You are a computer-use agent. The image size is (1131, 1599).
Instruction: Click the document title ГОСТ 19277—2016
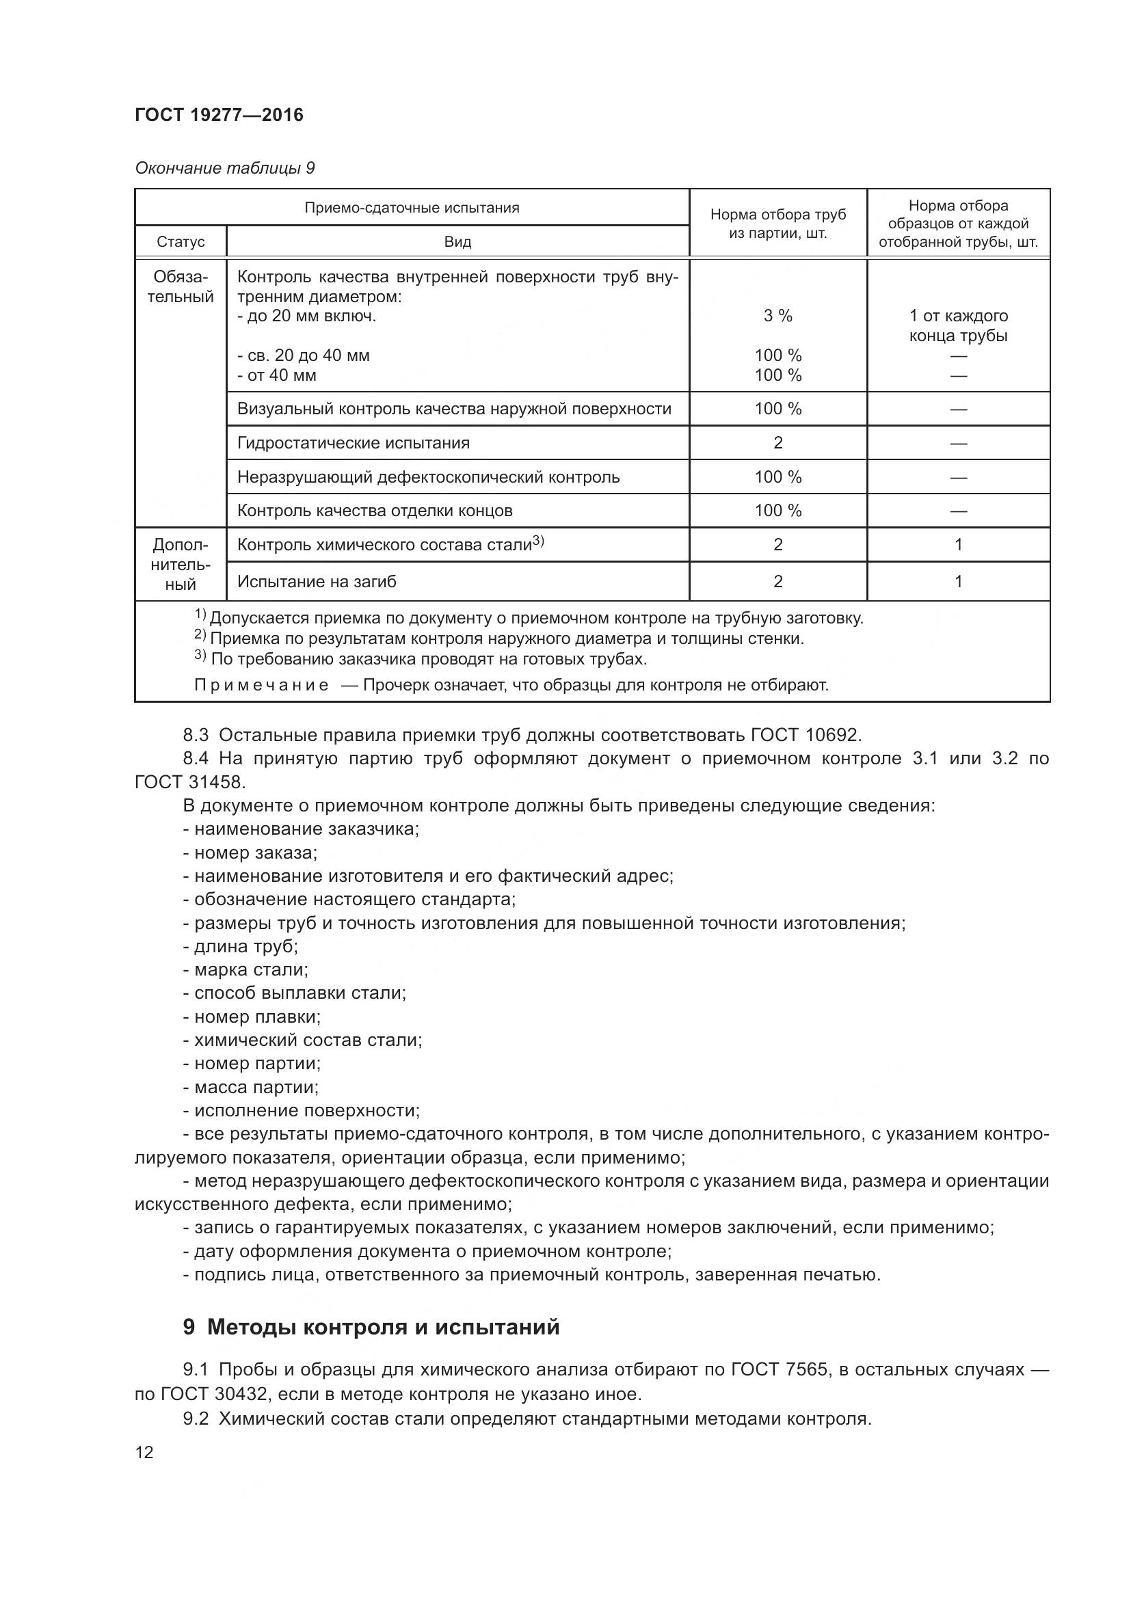coord(219,115)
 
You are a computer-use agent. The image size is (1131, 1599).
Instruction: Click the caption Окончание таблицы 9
coord(224,168)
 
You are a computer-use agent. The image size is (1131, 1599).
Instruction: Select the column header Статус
coord(181,241)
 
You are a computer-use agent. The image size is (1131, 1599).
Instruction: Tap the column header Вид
coord(457,241)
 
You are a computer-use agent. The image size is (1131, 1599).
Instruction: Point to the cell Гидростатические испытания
coord(353,443)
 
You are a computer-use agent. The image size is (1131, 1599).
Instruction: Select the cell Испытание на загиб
coord(316,582)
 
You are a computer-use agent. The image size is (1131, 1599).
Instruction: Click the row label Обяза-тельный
coord(181,287)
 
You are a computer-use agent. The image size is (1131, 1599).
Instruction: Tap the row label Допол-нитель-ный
coord(181,565)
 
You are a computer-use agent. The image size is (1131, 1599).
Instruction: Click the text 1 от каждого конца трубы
coord(957,325)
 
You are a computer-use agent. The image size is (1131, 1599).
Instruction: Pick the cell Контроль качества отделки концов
coord(375,511)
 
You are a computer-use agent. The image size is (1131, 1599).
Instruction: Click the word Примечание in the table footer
coord(261,685)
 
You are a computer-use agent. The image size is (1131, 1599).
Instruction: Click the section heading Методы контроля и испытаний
coord(383,1328)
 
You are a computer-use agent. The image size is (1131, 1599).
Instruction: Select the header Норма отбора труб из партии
coord(777,224)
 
